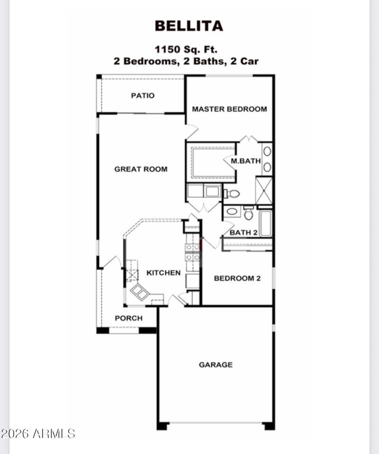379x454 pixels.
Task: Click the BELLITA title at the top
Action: click(x=189, y=26)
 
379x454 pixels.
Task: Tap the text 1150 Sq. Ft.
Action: click(x=186, y=49)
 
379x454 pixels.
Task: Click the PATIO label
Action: click(x=143, y=96)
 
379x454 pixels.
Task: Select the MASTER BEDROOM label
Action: click(x=229, y=109)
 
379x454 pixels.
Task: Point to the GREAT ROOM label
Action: click(x=141, y=169)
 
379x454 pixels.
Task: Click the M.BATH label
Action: click(x=245, y=161)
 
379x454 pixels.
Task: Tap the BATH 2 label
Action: click(x=244, y=232)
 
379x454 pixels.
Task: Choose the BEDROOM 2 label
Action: click(x=237, y=278)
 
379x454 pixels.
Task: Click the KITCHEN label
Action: click(x=163, y=273)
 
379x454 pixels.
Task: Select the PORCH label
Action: click(x=128, y=318)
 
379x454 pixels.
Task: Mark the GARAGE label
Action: click(x=216, y=365)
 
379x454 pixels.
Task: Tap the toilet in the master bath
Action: click(x=232, y=193)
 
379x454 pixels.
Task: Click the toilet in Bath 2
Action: click(x=248, y=213)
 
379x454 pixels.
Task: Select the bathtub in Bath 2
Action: click(x=265, y=223)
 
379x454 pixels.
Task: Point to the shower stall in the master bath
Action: click(x=264, y=190)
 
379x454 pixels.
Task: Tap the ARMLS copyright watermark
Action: click(x=38, y=433)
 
